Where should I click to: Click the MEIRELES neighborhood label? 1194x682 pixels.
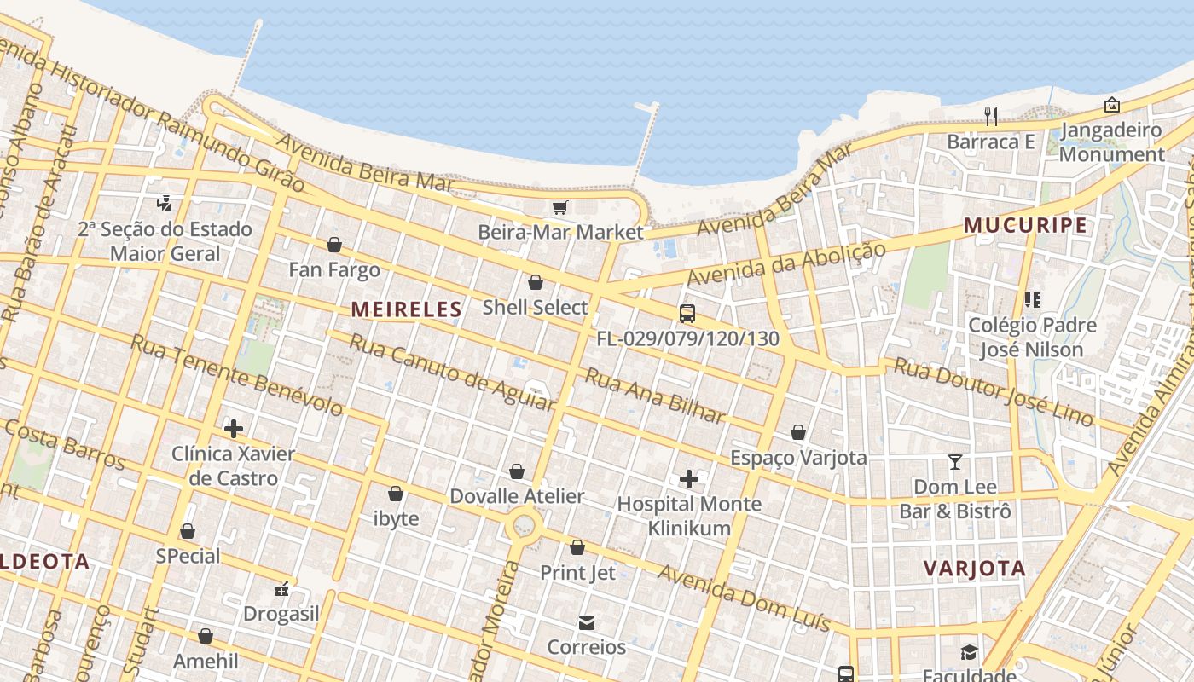(407, 309)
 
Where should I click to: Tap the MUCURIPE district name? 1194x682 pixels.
(1026, 226)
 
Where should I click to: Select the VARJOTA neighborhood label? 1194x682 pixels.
(975, 569)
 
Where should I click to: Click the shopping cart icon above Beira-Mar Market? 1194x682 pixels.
(560, 208)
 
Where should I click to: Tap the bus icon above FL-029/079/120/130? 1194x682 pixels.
(687, 314)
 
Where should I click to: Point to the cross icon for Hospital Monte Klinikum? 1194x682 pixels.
(689, 479)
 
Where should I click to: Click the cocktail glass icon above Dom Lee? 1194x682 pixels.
(955, 462)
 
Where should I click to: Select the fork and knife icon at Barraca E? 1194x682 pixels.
(991, 116)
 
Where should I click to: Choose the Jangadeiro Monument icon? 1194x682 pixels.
(1112, 106)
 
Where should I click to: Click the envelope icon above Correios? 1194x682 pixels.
(587, 623)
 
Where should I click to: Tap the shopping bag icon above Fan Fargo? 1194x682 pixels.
(334, 246)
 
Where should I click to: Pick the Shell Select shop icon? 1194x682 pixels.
(536, 282)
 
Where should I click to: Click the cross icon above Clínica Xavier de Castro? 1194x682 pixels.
(234, 429)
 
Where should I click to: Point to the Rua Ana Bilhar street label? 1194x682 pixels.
(654, 396)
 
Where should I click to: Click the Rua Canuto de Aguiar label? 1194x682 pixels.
(452, 373)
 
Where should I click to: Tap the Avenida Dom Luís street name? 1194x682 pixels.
(744, 598)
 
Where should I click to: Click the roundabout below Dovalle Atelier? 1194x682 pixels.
(524, 527)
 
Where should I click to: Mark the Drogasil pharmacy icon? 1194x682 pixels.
(281, 589)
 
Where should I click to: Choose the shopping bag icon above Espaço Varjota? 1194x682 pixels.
(798, 433)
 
